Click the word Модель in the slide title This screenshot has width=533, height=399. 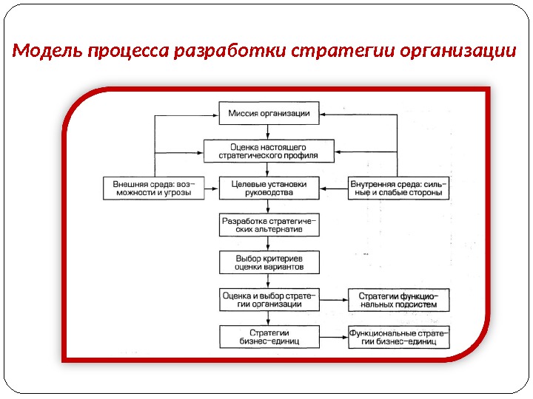(49, 52)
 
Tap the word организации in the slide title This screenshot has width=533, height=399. (457, 52)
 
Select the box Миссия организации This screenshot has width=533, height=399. (269, 115)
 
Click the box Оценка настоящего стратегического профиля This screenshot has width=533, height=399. (269, 151)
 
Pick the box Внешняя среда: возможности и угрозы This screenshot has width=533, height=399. (151, 187)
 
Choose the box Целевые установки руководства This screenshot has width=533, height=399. (269, 187)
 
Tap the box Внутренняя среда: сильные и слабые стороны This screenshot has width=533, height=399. (398, 187)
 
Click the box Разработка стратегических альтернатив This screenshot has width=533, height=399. (269, 225)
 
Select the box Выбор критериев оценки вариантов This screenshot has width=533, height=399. (269, 262)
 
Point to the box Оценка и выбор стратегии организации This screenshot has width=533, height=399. (269, 299)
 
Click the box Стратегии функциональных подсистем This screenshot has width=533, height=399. (398, 299)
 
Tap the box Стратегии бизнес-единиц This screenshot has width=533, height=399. (269, 337)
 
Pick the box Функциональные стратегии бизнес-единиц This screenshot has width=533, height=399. (398, 337)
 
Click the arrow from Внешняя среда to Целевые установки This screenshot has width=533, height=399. (209, 187)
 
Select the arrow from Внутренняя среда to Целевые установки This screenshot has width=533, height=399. (334, 187)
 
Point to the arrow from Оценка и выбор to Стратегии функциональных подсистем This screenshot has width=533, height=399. (334, 300)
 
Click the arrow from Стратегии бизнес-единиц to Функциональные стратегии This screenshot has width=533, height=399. (334, 338)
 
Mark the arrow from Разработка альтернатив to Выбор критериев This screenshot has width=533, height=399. (269, 244)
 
